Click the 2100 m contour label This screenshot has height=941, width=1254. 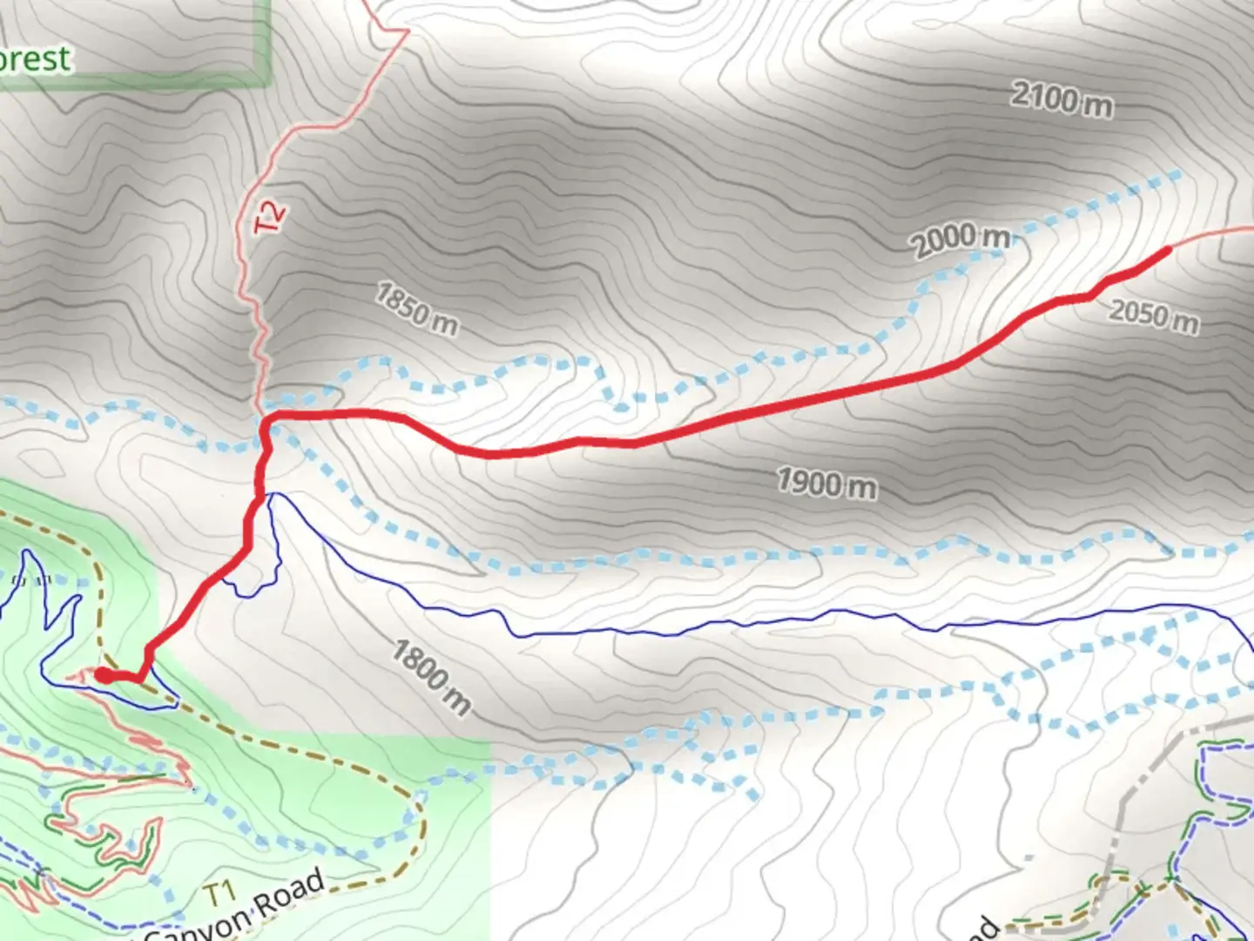pos(1061,99)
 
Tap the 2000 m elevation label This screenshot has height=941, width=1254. pos(961,239)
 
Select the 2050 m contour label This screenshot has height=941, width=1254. pos(1153,315)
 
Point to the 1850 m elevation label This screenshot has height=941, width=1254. pos(416,308)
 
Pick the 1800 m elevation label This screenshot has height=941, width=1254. pos(430,677)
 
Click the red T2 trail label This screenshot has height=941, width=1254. pos(271,216)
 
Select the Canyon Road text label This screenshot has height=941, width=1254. pos(235,911)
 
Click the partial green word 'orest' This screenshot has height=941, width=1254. pos(35,59)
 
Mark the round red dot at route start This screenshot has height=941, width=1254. pos(103,674)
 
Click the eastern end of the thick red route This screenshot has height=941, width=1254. pos(1167,249)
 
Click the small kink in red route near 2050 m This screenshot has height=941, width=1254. pos(1090,296)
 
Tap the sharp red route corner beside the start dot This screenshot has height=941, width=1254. pos(139,678)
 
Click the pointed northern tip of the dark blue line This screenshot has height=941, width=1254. pos(273,495)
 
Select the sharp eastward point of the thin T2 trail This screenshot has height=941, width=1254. pos(407,33)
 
